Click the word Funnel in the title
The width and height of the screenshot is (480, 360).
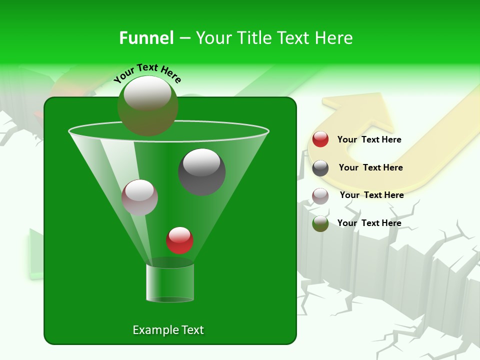(x=146, y=38)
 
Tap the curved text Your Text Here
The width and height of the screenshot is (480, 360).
(x=147, y=72)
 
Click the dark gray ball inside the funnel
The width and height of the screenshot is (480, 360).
(x=201, y=172)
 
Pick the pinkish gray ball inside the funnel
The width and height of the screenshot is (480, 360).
(x=139, y=197)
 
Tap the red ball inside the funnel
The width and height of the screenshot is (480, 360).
(x=179, y=240)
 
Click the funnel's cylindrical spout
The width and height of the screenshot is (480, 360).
(x=169, y=282)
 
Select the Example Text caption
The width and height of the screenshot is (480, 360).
(x=168, y=330)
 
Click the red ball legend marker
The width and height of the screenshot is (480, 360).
(x=320, y=139)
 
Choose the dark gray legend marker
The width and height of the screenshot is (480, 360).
(x=320, y=168)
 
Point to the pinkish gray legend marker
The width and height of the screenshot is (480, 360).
(x=320, y=195)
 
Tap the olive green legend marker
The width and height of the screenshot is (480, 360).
(x=320, y=223)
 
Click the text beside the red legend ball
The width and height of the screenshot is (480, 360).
(x=369, y=140)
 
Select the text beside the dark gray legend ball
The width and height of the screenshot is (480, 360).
(x=370, y=167)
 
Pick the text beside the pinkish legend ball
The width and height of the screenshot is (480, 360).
(x=371, y=195)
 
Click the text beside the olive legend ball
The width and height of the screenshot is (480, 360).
(x=369, y=223)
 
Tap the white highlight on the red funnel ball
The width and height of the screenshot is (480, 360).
(x=179, y=234)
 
